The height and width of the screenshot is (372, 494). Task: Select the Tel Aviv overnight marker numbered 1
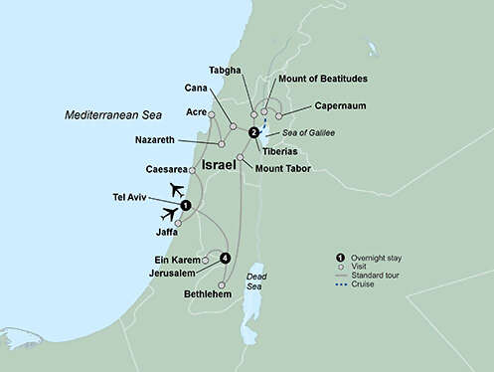coord(185,206)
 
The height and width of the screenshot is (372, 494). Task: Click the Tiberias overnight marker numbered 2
coord(253,132)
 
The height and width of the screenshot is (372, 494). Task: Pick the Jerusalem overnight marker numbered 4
coord(225,259)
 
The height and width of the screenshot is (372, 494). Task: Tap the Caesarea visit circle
coord(192,170)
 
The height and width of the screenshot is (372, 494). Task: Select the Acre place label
coord(196,111)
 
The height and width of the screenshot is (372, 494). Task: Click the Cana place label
coord(197,88)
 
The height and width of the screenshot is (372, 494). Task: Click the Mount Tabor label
coord(283,169)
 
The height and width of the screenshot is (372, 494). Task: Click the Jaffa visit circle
coord(179,223)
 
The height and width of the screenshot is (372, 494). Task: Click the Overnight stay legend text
coord(383,257)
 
